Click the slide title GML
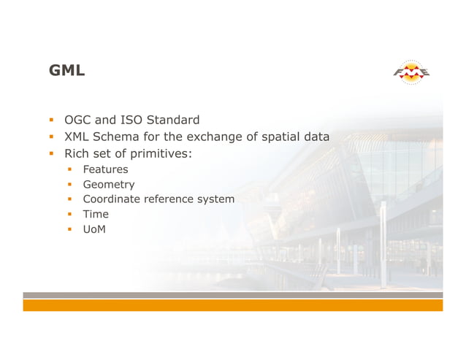click(66, 71)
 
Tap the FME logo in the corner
click(412, 72)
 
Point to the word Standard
click(173, 120)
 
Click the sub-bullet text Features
click(105, 169)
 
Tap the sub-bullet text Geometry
click(109, 185)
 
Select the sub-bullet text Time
click(96, 214)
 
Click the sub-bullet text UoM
click(94, 229)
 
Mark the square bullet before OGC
click(52, 120)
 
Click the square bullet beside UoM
click(70, 229)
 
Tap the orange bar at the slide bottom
click(232, 305)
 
